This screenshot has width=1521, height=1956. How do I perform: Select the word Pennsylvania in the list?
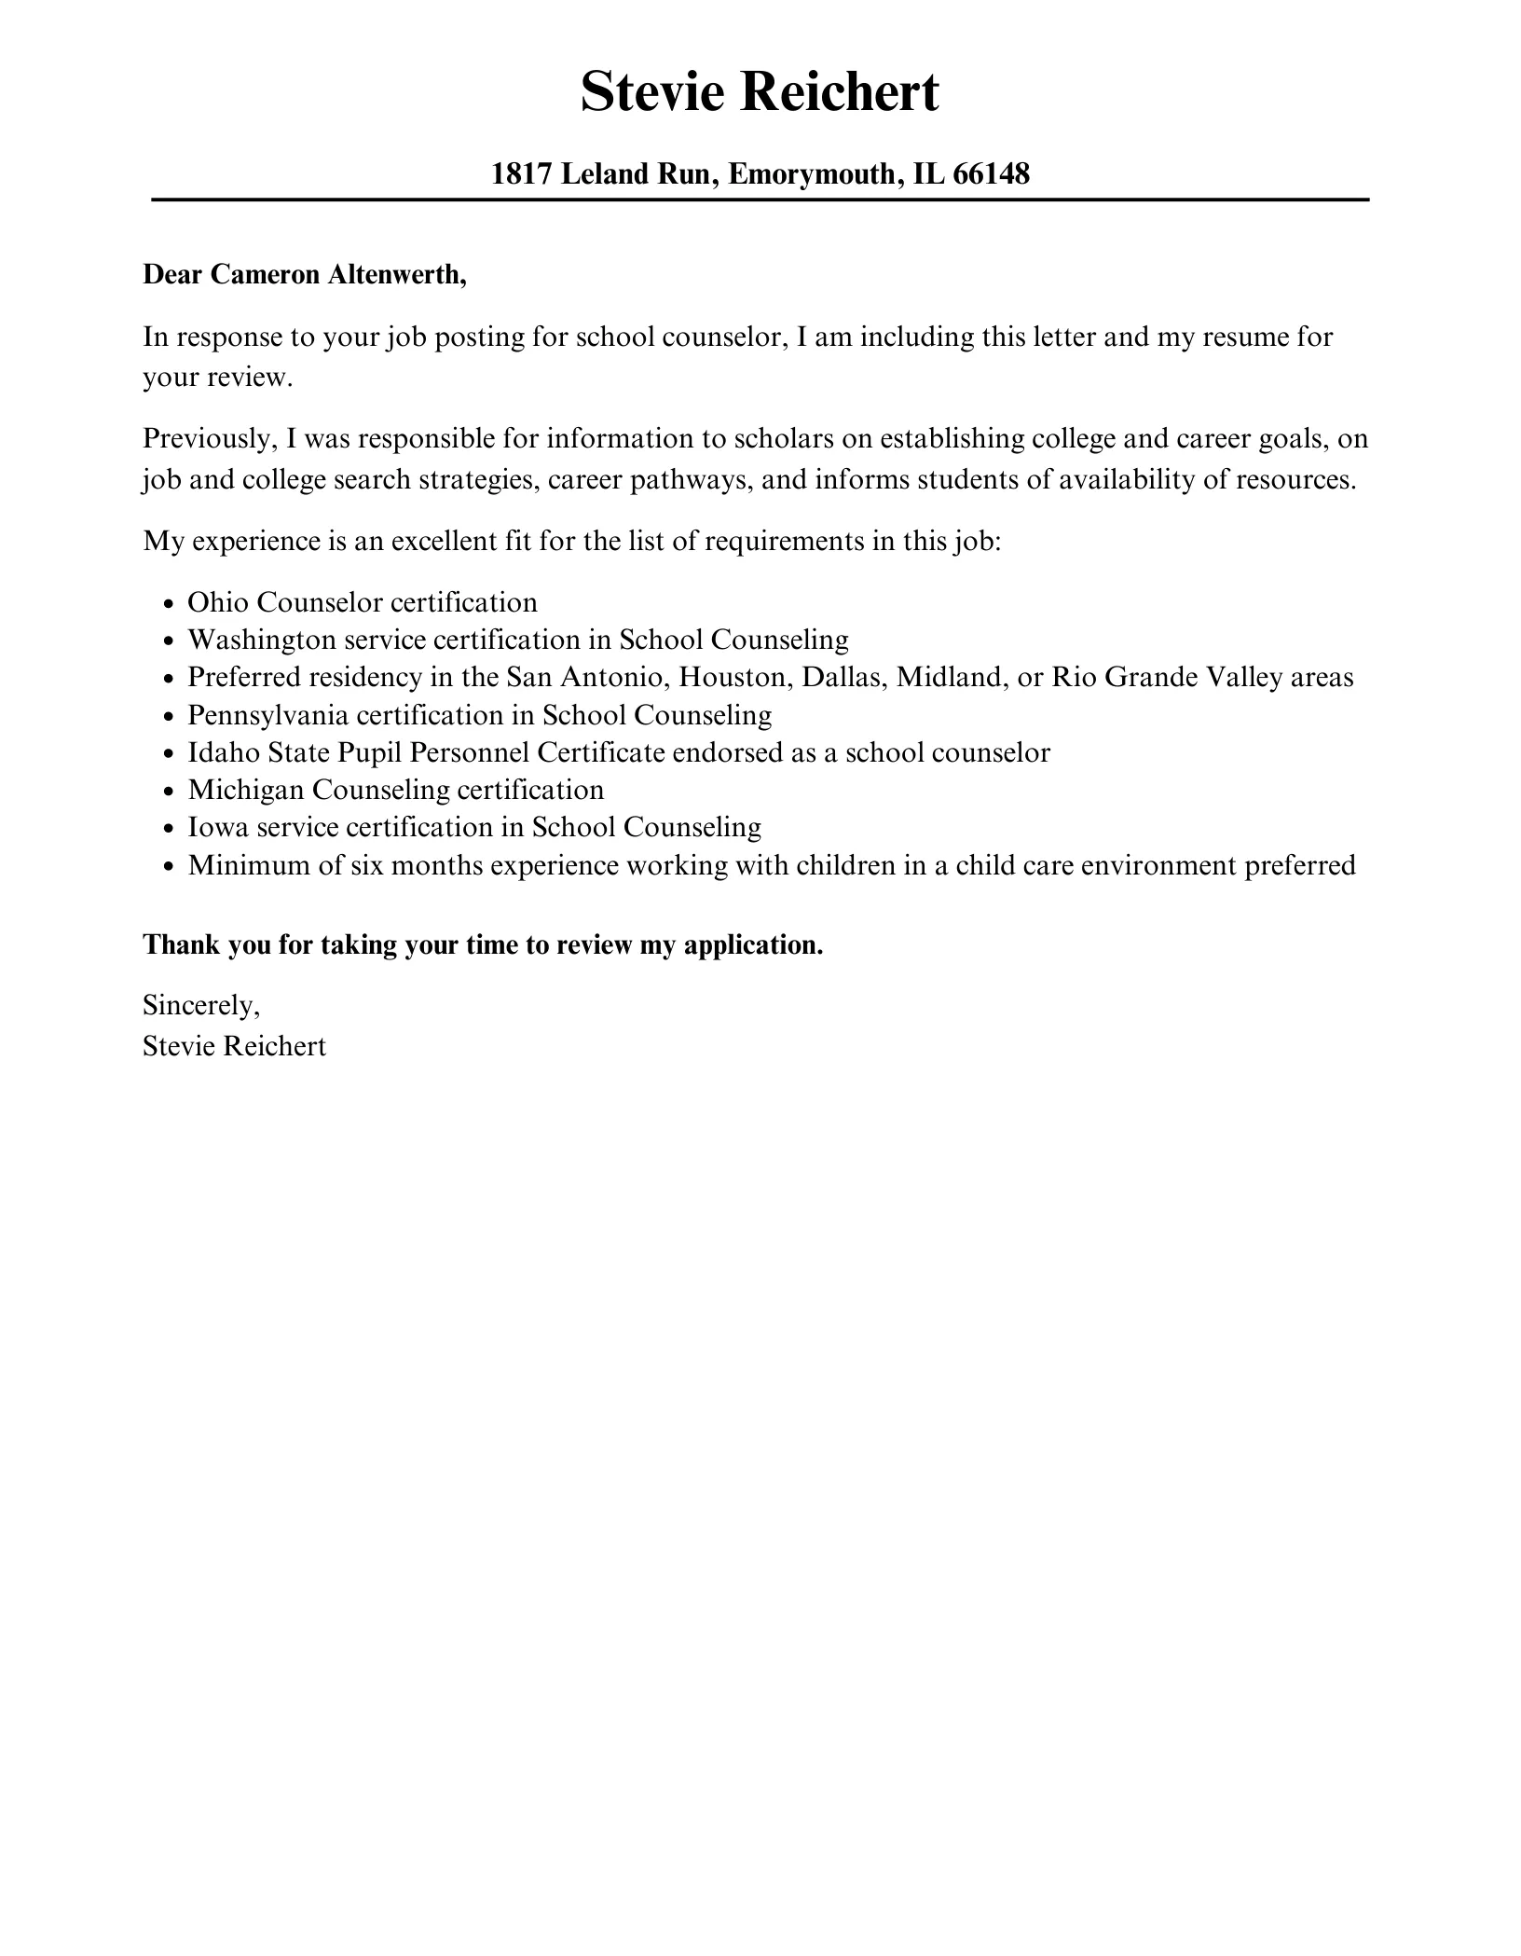pos(267,716)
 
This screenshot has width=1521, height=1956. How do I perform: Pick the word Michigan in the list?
pos(246,791)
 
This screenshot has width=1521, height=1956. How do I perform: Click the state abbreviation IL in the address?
pos(928,174)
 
